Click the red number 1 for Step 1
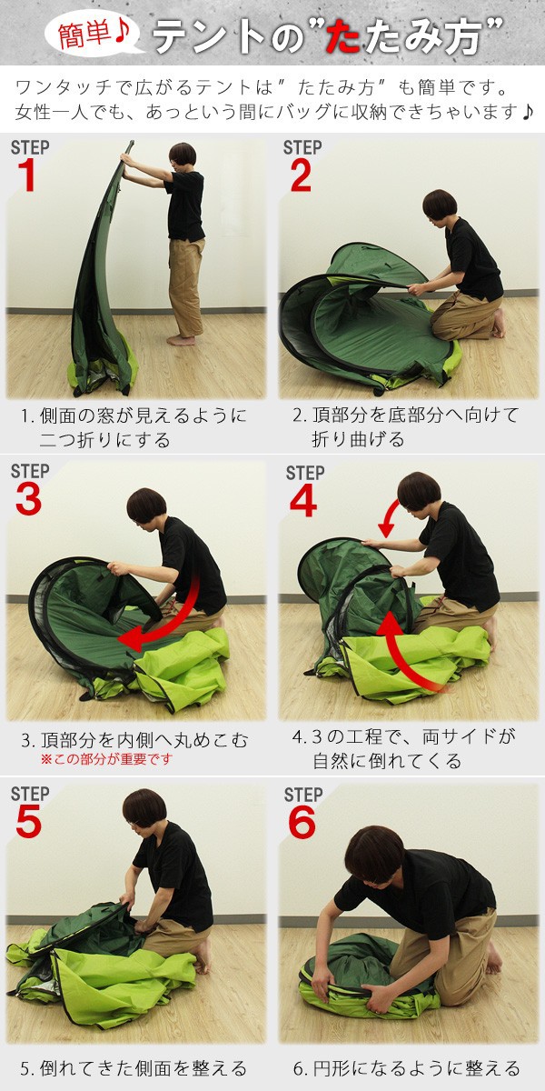click(26, 175)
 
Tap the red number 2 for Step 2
click(301, 175)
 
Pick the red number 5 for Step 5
click(29, 822)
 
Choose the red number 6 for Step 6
click(302, 823)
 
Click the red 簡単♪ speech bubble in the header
click(94, 35)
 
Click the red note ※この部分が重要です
click(106, 759)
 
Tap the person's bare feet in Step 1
click(181, 340)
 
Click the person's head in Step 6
click(373, 856)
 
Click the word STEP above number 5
click(30, 794)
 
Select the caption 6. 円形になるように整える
click(407, 1068)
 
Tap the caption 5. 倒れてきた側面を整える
click(134, 1068)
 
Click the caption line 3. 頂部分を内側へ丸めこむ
click(134, 740)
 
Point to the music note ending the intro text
click(526, 113)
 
